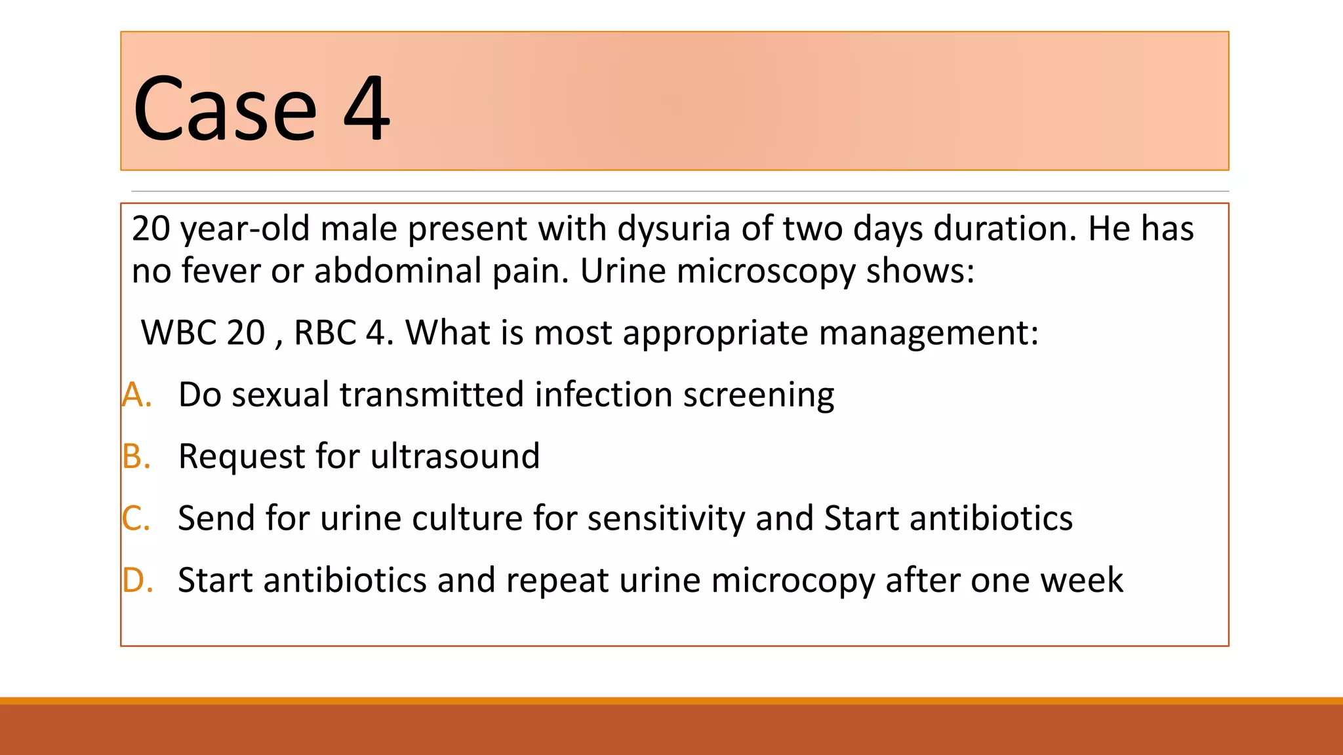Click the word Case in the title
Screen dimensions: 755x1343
click(x=225, y=109)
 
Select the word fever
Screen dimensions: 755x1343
click(x=220, y=271)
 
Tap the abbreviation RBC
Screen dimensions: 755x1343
click(x=325, y=333)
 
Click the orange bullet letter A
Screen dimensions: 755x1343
click(x=136, y=395)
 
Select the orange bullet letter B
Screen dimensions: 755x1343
click(x=136, y=457)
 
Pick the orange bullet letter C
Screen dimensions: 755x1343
click(x=136, y=518)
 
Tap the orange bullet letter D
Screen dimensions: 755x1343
click(x=137, y=581)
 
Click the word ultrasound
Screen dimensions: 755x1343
click(x=455, y=457)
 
